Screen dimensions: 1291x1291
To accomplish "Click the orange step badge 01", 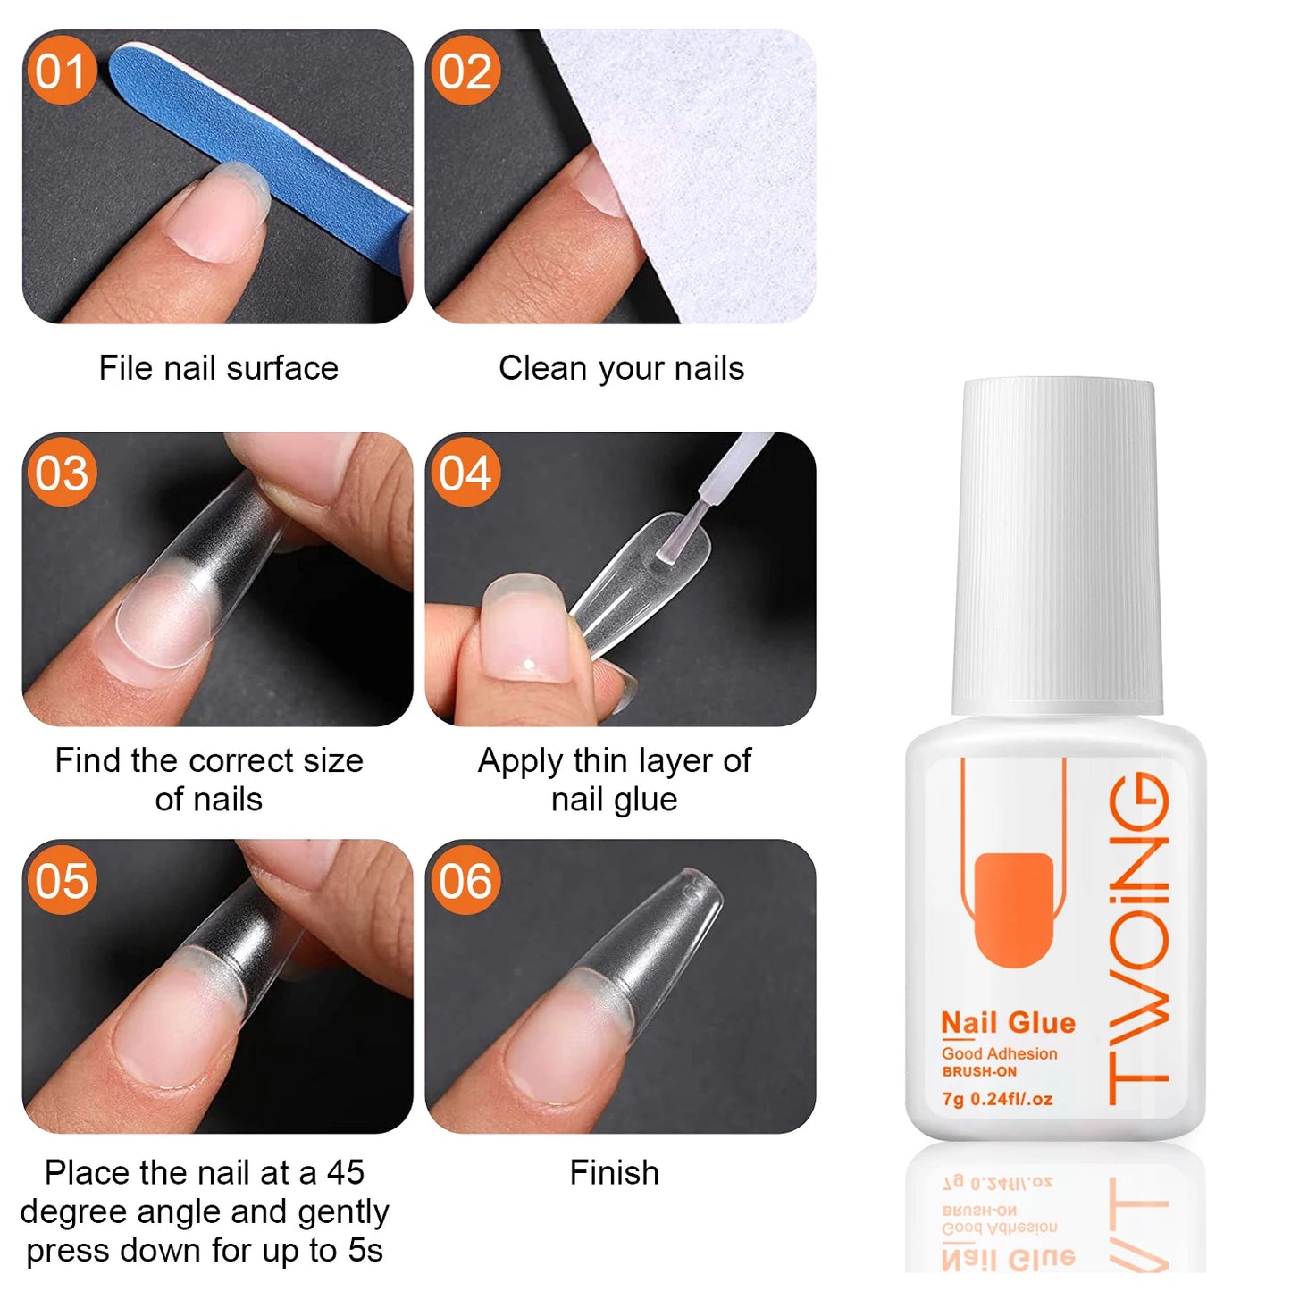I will (x=62, y=71).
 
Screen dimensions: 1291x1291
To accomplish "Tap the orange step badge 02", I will (x=465, y=71).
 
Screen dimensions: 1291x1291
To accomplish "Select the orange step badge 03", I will (x=62, y=473).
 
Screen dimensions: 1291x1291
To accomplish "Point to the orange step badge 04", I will (x=465, y=473).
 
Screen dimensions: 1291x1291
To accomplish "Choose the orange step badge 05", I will (x=62, y=881).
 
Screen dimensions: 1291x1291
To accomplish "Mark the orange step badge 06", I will (x=465, y=881).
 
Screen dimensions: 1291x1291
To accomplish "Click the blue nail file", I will (x=268, y=143).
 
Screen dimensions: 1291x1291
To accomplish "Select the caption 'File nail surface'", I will (x=218, y=368).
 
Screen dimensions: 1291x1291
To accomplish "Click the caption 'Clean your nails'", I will (x=621, y=368).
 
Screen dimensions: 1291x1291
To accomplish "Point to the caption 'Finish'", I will (x=615, y=1172).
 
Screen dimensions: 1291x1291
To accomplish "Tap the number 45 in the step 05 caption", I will (x=345, y=1172).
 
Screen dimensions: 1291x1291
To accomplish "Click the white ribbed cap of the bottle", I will (x=1058, y=545).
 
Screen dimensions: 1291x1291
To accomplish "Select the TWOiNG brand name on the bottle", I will (x=1140, y=938).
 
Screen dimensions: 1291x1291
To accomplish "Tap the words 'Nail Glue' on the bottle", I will (x=1008, y=1022).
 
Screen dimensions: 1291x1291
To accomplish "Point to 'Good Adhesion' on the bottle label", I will (x=999, y=1054).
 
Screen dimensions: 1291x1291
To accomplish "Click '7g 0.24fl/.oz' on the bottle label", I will (x=997, y=1099).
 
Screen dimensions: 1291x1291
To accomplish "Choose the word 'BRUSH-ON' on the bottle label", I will (x=979, y=1072).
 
